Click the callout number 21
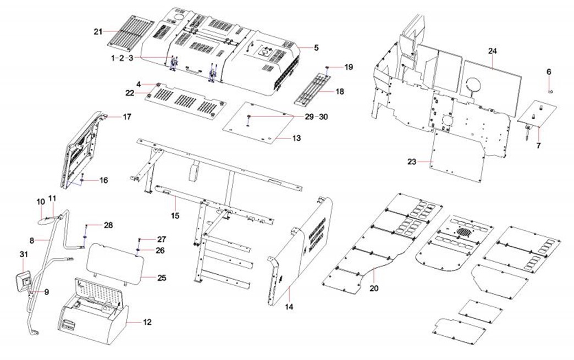98,31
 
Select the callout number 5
316,48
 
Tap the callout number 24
492,51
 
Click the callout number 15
174,215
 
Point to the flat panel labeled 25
117,262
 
